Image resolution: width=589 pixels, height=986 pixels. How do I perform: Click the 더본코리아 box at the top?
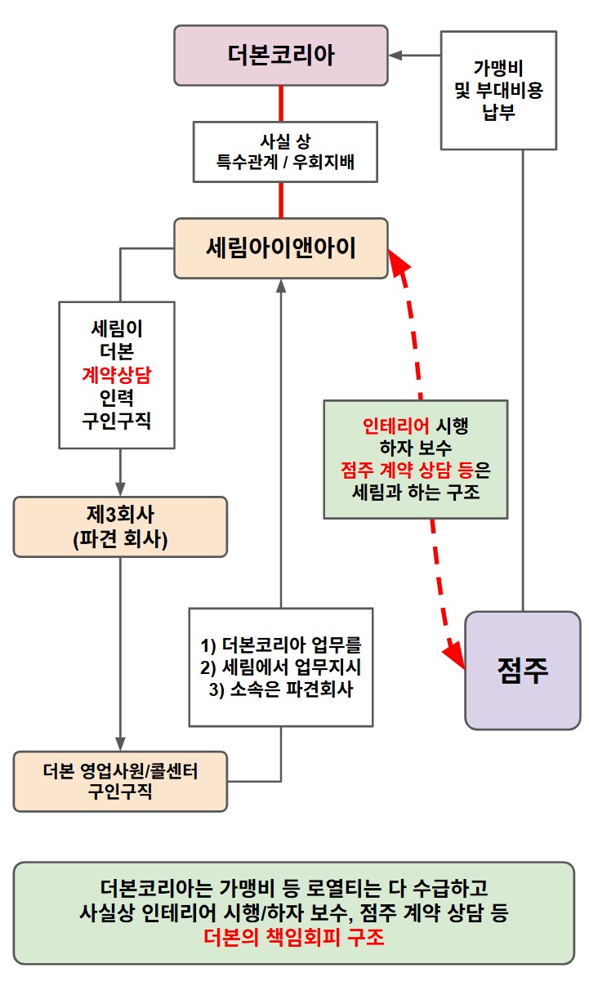point(281,56)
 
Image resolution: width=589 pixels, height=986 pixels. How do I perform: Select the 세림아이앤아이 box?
point(281,248)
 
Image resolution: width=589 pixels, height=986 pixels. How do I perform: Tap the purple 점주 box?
point(522,670)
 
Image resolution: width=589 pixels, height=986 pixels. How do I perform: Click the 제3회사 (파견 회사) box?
point(120,527)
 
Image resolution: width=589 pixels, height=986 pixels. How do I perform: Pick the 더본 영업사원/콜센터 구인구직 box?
point(120,781)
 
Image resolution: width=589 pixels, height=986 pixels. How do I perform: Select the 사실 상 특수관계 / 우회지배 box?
point(284,152)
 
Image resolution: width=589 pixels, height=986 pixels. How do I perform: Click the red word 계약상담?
point(117,375)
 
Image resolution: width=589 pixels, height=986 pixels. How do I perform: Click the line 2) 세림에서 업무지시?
point(280,666)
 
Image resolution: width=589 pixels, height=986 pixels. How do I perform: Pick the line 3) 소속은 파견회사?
point(280,689)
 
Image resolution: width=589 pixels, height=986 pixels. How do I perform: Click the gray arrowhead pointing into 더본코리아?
point(395,56)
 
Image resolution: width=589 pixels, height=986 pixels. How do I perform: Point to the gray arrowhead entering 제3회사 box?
point(120,488)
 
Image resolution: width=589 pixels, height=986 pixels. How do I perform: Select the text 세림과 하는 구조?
point(416,493)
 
